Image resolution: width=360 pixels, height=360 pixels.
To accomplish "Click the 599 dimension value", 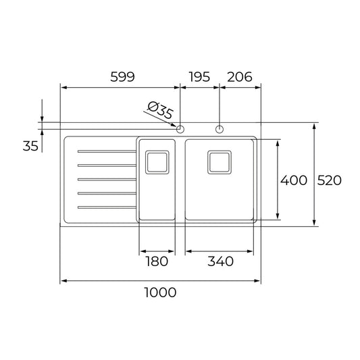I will [x=122, y=77].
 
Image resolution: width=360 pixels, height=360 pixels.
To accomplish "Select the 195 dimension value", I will [x=199, y=77].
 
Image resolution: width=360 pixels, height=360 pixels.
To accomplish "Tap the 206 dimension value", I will [x=239, y=77].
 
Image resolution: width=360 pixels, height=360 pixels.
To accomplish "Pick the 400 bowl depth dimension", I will [x=294, y=180].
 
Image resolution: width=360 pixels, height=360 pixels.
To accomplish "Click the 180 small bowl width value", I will [x=157, y=261].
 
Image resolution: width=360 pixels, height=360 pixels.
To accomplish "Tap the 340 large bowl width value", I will [x=220, y=261].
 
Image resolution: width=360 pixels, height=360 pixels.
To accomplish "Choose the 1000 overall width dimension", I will [x=161, y=292].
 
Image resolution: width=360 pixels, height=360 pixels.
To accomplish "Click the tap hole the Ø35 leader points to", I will [x=180, y=128].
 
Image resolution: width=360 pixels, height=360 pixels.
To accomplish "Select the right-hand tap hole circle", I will [x=220, y=128].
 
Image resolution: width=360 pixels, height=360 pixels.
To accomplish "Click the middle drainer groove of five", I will [x=107, y=179].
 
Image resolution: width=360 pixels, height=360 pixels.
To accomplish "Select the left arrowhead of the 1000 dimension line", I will [x=63, y=280].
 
